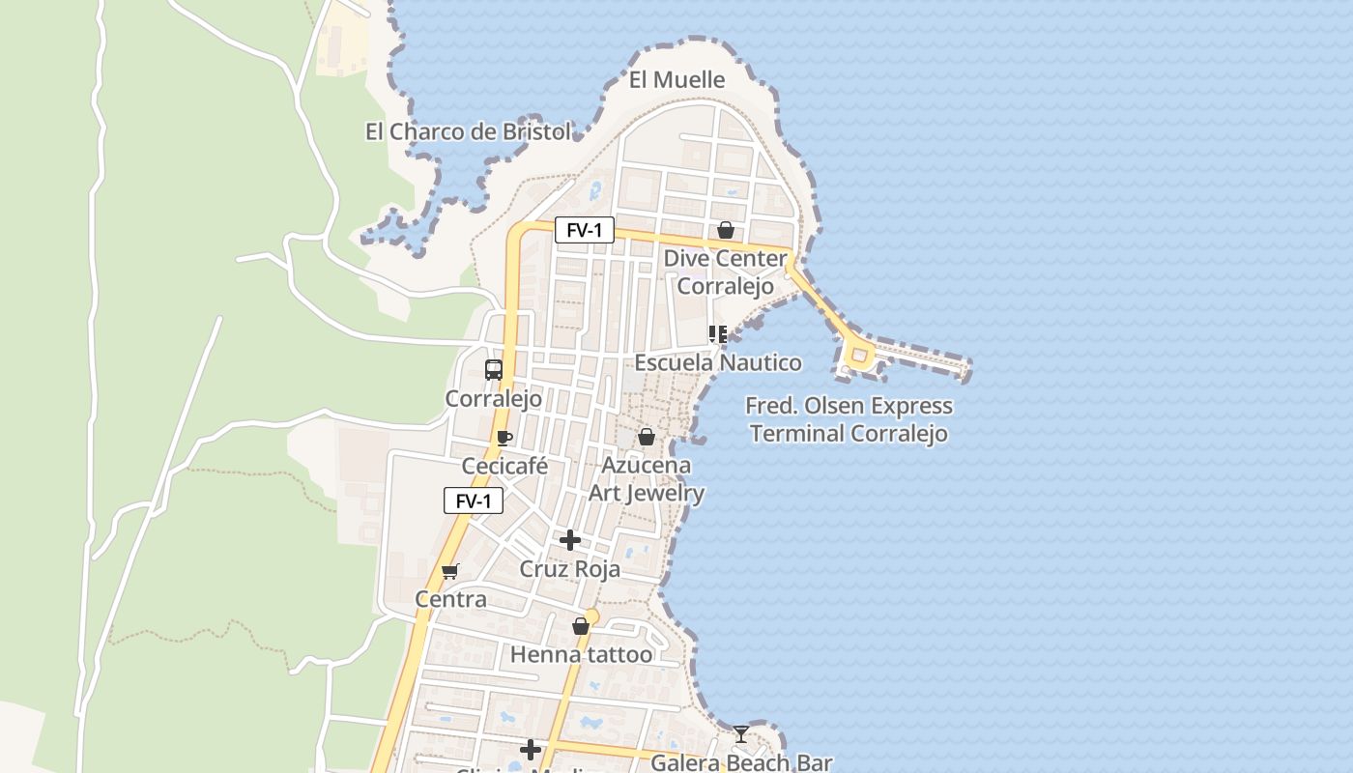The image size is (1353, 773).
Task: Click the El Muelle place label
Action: click(676, 80)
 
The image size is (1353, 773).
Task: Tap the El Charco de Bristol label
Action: click(468, 131)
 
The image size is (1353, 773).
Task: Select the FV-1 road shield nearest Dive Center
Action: click(584, 230)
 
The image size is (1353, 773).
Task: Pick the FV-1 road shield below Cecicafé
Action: click(474, 501)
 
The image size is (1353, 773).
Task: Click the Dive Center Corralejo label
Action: click(725, 272)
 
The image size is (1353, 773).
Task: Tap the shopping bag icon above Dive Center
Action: click(726, 230)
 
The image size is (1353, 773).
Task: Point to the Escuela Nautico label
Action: click(718, 363)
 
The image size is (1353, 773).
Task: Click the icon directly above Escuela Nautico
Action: click(718, 334)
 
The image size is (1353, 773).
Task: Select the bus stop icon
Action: click(494, 369)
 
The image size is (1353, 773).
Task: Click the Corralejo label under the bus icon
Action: click(493, 398)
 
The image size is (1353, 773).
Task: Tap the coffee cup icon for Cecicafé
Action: click(504, 438)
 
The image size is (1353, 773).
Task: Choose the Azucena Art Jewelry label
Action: click(647, 479)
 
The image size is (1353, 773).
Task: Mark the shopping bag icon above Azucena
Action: click(647, 437)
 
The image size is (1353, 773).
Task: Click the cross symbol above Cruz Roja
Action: click(570, 540)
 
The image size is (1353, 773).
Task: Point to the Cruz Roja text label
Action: click(570, 569)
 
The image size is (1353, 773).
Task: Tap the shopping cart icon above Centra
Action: click(449, 571)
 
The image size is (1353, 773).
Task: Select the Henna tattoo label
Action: click(581, 655)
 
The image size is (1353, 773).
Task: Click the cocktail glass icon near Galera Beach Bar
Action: click(740, 734)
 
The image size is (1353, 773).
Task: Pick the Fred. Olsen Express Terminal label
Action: click(849, 419)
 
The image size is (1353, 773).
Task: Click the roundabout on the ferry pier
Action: click(858, 356)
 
